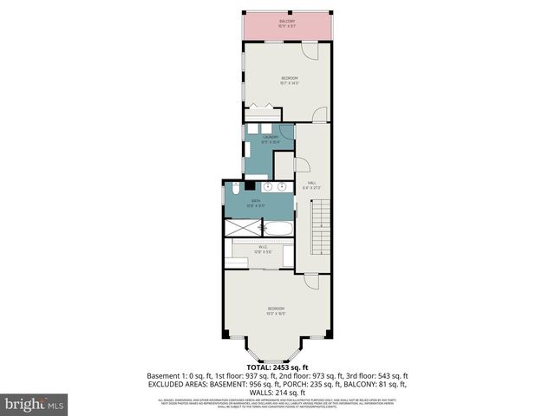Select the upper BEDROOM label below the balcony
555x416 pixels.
pyautogui.click(x=289, y=81)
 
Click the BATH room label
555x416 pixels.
pyautogui.click(x=256, y=203)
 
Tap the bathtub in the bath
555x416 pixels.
pyautogui.click(x=277, y=230)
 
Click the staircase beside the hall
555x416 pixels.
pyautogui.click(x=321, y=225)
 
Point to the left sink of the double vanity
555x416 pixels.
pyautogui.click(x=268, y=186)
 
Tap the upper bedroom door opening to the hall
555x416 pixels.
pyautogui.click(x=319, y=114)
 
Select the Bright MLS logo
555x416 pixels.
pyautogui.click(x=35, y=403)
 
